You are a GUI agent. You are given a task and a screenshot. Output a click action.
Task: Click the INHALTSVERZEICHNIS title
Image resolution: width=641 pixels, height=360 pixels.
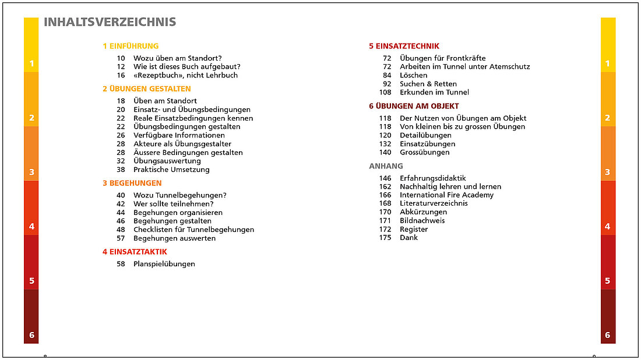coord(110,22)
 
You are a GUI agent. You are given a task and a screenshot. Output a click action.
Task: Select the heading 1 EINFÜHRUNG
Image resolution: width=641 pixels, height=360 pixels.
coord(131,46)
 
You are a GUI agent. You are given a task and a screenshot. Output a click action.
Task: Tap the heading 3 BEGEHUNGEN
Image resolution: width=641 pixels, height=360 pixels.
coord(132,183)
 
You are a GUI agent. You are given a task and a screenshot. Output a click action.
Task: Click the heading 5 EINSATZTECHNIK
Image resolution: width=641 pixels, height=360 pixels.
coord(404,46)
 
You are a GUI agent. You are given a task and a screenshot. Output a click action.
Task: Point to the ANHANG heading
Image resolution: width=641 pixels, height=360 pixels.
coord(386,166)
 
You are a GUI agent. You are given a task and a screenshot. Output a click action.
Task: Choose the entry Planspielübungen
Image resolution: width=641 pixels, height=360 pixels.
coord(164,264)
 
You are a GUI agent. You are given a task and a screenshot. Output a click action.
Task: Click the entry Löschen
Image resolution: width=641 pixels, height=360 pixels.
coord(413,75)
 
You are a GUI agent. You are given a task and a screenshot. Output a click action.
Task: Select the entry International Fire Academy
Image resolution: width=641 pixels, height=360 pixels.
coord(446,195)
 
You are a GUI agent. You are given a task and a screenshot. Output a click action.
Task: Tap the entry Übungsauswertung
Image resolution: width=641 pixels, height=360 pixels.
coord(167,161)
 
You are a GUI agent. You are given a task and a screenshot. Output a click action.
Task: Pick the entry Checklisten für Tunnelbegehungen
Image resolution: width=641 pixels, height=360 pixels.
coord(193,230)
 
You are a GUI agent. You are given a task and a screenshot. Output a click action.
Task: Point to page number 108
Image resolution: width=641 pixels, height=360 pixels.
coord(385,92)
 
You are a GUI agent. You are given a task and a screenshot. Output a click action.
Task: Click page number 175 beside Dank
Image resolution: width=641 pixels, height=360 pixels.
coord(385,238)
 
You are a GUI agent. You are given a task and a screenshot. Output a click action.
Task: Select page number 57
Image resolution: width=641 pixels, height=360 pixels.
coord(121,238)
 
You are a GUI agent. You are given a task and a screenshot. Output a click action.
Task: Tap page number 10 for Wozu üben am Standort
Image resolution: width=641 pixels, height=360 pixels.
coord(121,58)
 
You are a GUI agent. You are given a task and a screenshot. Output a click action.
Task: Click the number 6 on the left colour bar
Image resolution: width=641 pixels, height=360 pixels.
coord(31,335)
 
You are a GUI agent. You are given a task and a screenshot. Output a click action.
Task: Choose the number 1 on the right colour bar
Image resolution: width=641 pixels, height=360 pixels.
coord(608,63)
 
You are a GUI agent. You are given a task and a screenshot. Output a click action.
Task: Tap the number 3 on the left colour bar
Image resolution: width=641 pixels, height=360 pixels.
coord(31,172)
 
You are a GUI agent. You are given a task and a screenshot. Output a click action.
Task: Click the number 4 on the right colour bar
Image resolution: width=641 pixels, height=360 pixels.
coord(608,226)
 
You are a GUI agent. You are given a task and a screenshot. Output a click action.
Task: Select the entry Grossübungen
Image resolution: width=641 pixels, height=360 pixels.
coord(425,153)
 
